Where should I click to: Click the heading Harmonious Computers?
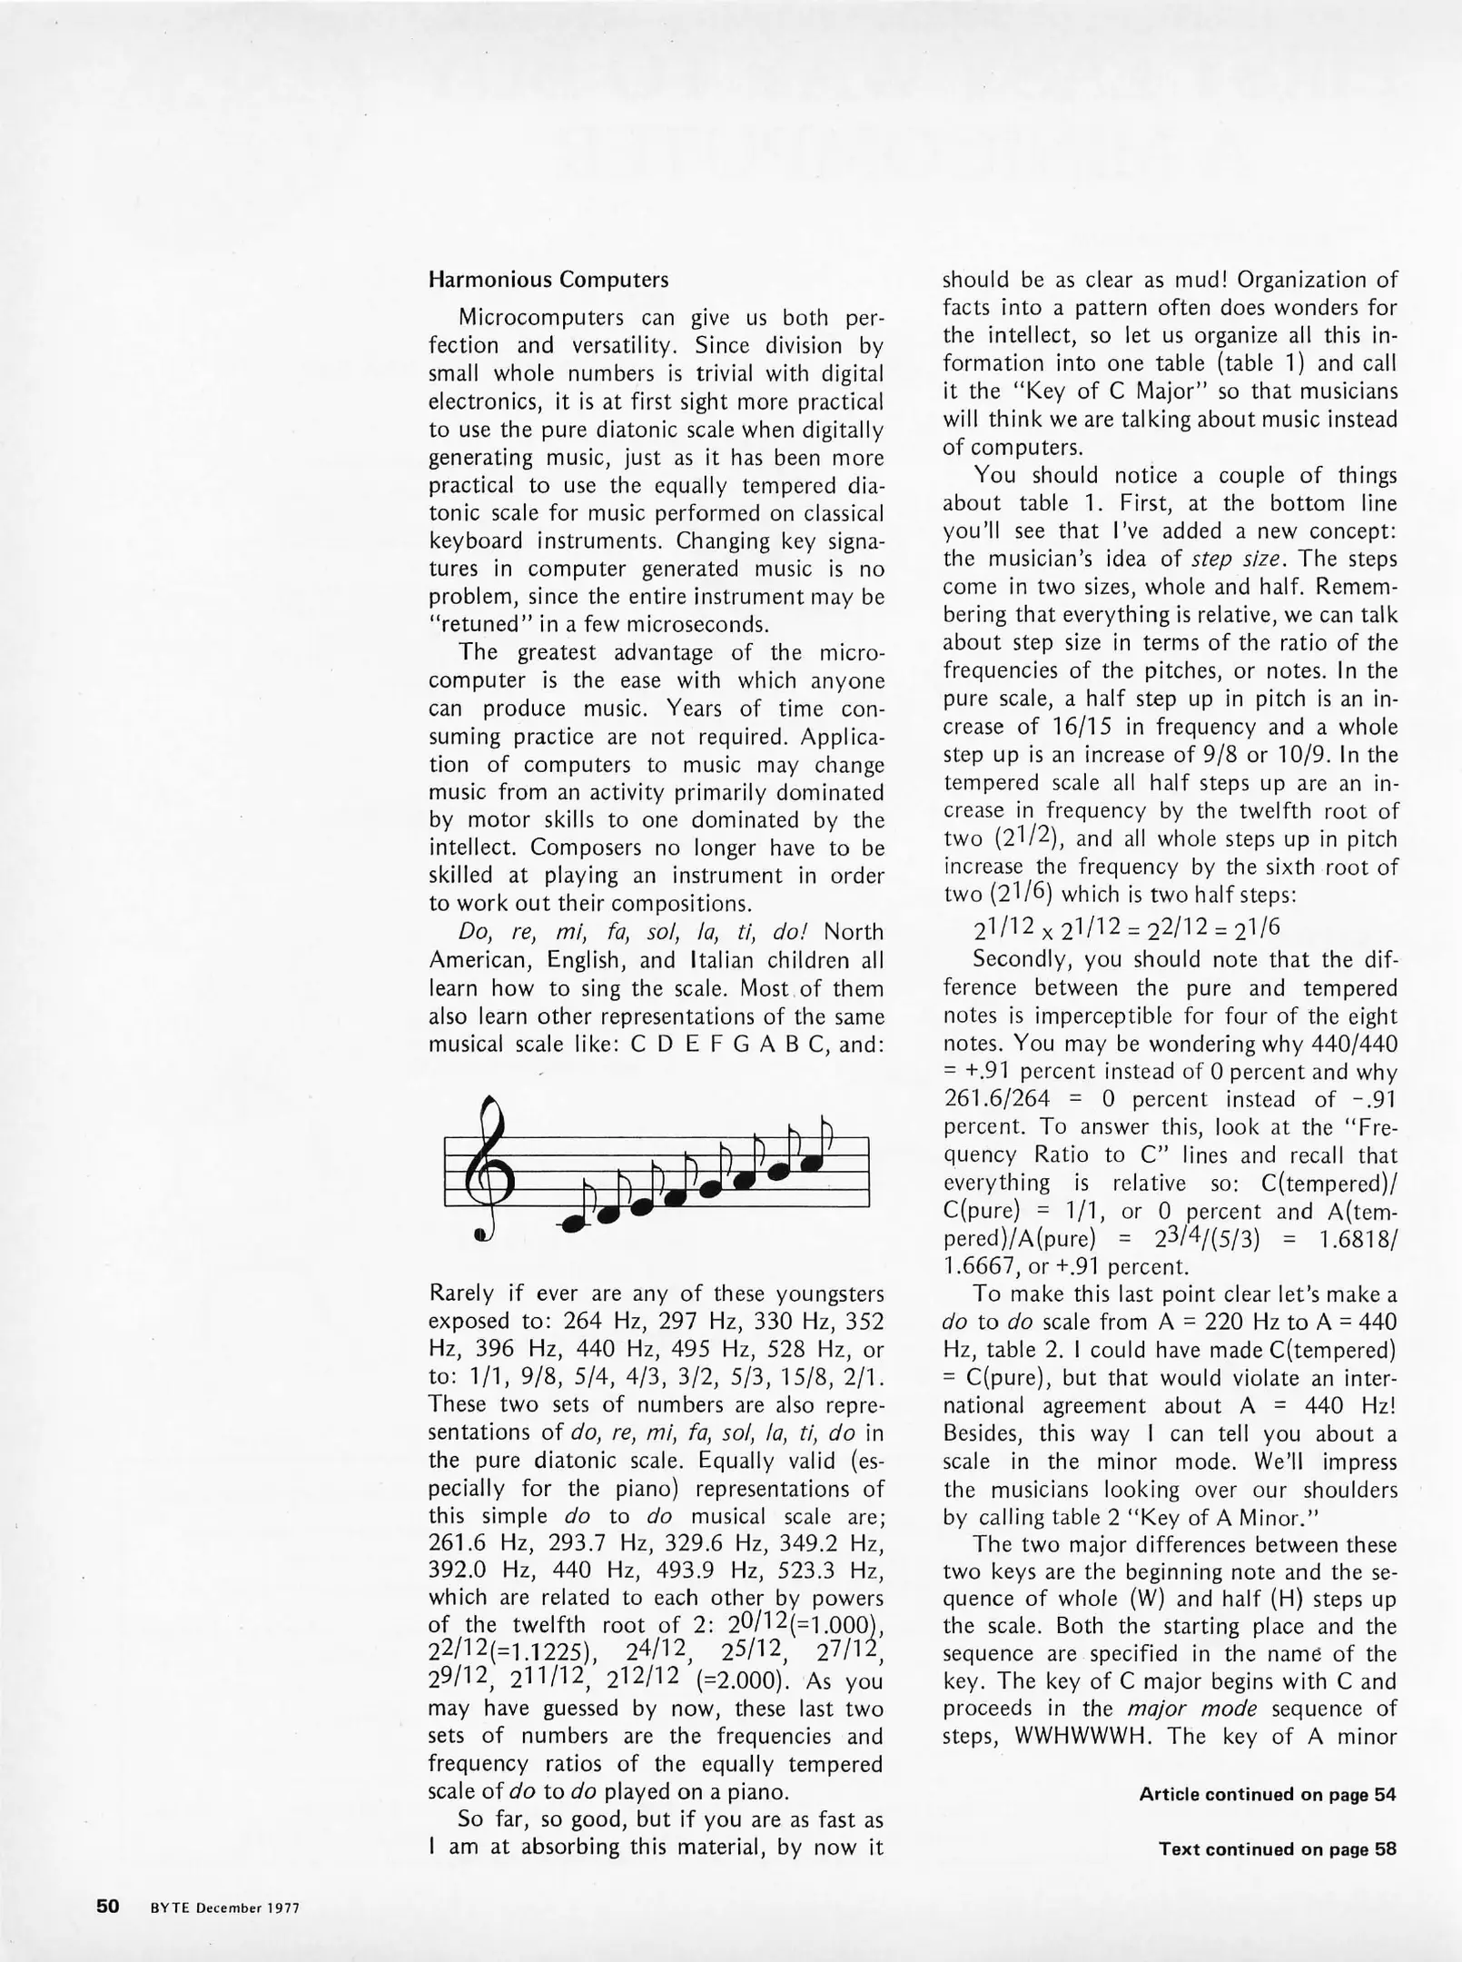coord(548,279)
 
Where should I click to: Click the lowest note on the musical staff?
coord(574,1224)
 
